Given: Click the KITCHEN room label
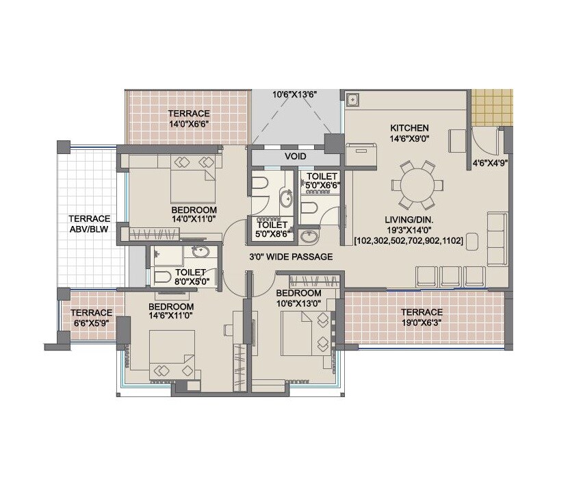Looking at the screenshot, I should [x=409, y=128].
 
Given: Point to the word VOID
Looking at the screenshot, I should [x=296, y=157].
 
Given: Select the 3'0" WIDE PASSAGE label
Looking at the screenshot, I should [x=290, y=257].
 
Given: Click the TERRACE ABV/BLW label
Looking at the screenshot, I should [x=90, y=223].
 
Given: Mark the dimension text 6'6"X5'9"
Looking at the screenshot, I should [x=92, y=322].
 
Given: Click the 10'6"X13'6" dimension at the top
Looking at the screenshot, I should [x=296, y=94].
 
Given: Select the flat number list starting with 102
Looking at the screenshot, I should [x=409, y=241].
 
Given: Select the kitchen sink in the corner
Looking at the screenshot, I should [x=354, y=99].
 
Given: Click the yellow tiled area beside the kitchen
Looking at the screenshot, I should [x=491, y=106].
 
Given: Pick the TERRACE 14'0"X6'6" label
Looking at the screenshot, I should [x=190, y=119].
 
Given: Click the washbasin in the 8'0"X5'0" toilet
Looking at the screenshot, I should [x=200, y=252].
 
